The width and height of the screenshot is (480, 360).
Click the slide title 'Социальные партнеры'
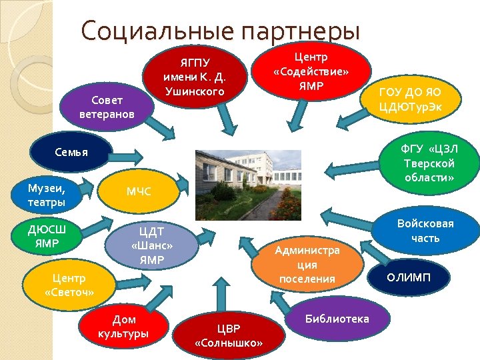pyautogui.click(x=220, y=31)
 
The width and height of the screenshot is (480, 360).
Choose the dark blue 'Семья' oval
pyautogui.click(x=71, y=153)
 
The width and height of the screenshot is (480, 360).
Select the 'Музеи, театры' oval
pyautogui.click(x=47, y=193)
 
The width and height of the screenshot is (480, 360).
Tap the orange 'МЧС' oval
pyautogui.click(x=139, y=192)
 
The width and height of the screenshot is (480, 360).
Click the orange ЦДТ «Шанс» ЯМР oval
pyautogui.click(x=151, y=244)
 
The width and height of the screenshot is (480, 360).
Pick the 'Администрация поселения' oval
pyautogui.click(x=307, y=264)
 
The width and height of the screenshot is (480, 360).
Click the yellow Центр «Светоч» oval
pyautogui.click(x=69, y=285)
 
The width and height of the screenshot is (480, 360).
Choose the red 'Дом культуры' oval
pyautogui.click(x=123, y=326)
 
